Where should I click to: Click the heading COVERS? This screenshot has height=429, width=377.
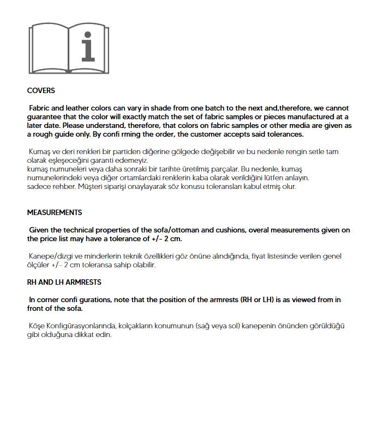click(41, 91)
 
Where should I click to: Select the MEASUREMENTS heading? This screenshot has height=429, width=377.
click(55, 212)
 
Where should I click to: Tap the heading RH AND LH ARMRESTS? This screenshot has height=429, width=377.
click(64, 283)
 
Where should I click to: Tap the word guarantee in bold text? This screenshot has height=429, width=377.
click(47, 117)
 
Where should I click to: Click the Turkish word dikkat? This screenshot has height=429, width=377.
click(79, 335)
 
